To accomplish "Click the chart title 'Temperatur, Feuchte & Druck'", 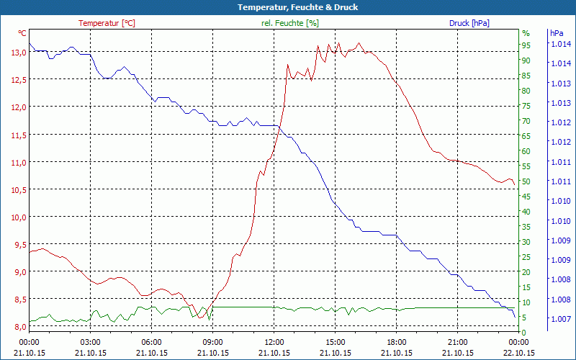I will tap(287, 7).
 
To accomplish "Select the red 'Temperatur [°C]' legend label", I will tap(107, 23).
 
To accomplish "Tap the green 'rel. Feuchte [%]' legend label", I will tap(290, 23).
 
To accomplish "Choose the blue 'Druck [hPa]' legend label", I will tap(469, 23).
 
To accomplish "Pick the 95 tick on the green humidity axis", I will tap(526, 45).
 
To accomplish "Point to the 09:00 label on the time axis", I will tap(212, 342).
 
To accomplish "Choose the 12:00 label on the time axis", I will tap(274, 342).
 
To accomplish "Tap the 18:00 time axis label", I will tap(397, 342).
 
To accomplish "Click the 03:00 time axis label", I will tap(90, 342).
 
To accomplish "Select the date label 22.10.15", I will tap(519, 353).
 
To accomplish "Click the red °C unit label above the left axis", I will tap(22, 33).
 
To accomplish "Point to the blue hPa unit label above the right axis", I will tap(557, 33).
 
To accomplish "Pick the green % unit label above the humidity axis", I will tap(526, 33).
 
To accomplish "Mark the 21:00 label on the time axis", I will tap(458, 342).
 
